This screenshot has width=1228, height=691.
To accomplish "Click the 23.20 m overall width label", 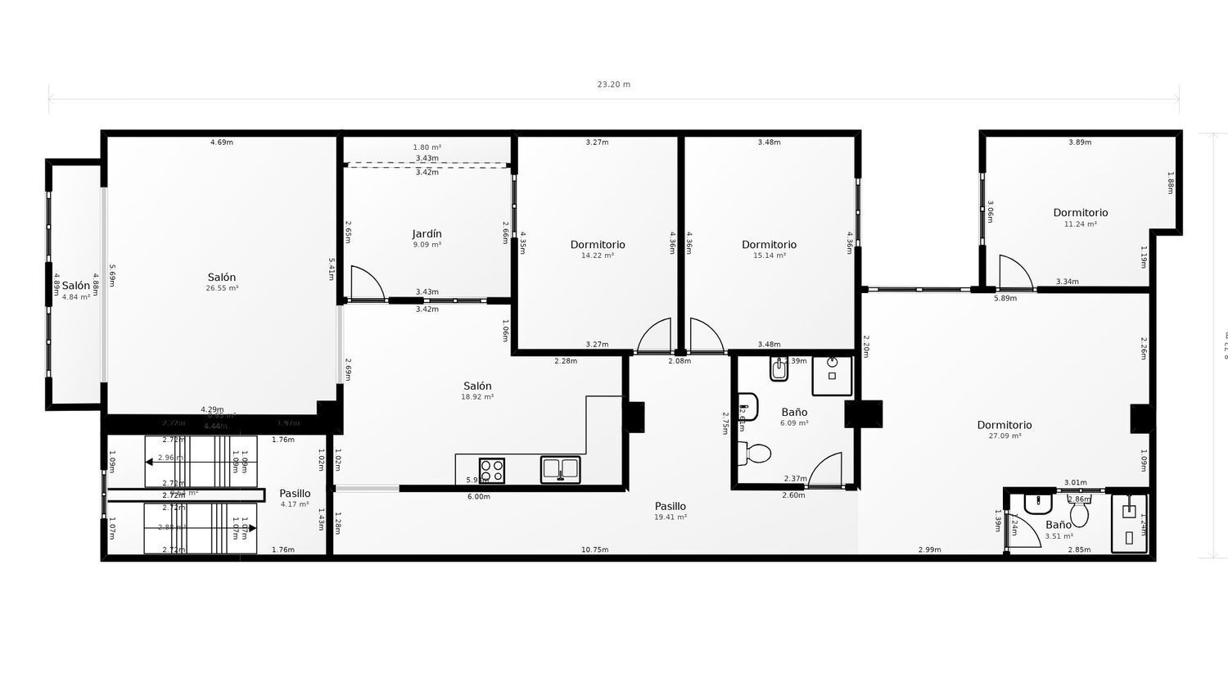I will click(613, 84).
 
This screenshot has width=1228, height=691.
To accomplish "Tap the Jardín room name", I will click(427, 234).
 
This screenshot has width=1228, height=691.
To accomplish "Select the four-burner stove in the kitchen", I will click(492, 470).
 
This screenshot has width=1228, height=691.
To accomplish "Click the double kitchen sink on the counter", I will click(560, 469).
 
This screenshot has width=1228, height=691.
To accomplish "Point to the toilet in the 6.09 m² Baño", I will click(755, 453).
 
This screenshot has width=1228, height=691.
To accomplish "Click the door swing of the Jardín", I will click(366, 283).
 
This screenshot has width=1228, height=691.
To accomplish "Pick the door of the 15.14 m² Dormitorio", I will click(706, 336).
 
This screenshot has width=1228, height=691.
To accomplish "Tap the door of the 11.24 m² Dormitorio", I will click(1015, 272).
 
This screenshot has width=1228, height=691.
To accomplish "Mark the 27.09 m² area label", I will click(1005, 436).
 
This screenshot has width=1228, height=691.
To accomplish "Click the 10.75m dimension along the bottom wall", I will click(594, 549).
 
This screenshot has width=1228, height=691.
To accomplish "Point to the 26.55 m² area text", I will click(222, 288).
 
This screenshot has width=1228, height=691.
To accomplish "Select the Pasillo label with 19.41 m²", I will click(670, 507).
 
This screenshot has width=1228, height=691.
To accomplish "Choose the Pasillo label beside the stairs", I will click(295, 494).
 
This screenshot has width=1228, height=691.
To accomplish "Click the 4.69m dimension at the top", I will click(221, 142).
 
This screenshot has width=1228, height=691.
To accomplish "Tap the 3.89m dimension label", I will click(1080, 142).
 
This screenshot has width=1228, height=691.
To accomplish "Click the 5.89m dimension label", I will click(1005, 299).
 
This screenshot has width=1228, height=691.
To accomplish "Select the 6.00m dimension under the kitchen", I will click(478, 497).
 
